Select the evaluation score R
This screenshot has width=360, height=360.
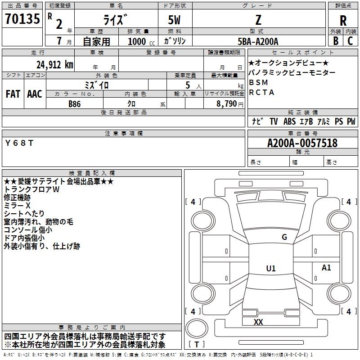point(343,21)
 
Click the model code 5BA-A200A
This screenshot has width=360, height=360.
point(258,41)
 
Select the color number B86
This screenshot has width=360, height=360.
point(75,103)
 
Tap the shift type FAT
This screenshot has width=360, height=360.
point(13,94)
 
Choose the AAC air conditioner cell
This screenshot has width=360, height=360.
point(35,94)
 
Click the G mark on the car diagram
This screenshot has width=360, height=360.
point(284,237)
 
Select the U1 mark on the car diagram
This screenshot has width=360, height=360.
point(270,269)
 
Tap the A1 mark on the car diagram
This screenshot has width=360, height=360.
point(326,268)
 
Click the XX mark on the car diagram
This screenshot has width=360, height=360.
point(258,322)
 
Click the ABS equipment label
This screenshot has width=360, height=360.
point(289,121)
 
